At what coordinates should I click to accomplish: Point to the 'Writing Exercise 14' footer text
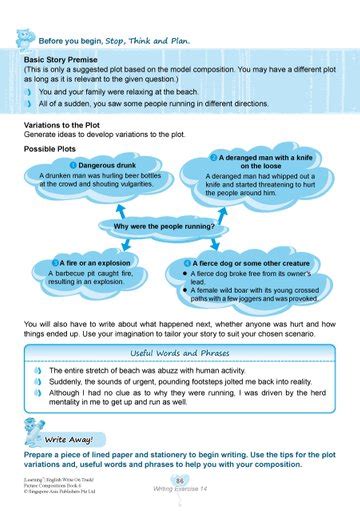coord(180,491)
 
